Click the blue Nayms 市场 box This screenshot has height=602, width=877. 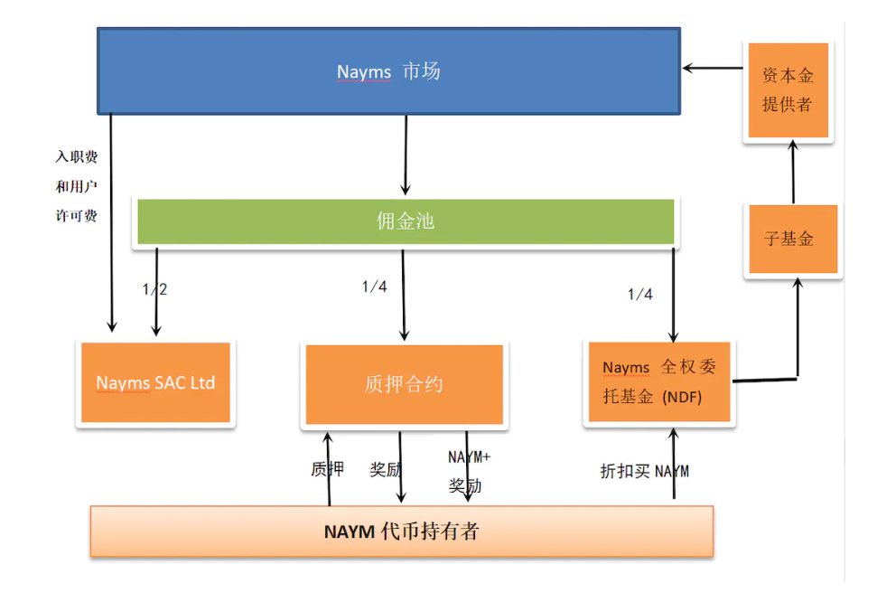point(388,71)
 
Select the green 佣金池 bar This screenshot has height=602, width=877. point(405,221)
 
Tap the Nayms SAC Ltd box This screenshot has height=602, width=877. point(155,382)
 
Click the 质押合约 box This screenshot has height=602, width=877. point(404,384)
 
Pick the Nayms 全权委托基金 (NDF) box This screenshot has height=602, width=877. point(659,381)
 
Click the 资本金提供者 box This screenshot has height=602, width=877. point(787,90)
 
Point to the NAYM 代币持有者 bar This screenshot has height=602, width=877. point(401,531)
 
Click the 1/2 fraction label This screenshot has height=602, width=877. point(154,289)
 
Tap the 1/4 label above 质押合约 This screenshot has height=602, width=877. point(374,287)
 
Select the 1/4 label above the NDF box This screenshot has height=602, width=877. point(639,294)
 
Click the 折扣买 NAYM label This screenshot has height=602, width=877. point(644,471)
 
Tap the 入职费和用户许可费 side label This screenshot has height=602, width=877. point(76,186)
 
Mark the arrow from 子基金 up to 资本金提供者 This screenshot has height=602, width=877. point(793,171)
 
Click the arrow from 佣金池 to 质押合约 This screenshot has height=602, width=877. point(403,294)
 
